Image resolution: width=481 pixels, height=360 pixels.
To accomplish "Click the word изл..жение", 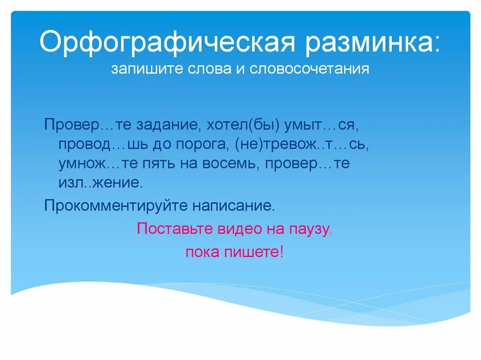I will pos(100,183).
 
